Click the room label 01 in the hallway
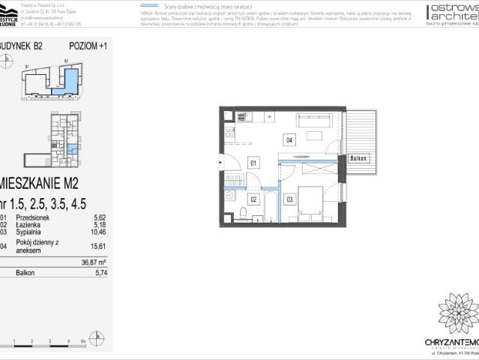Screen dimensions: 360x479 253,162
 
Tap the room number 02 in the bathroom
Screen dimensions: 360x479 253,199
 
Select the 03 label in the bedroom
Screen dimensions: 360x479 290,199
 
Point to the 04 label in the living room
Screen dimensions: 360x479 289,139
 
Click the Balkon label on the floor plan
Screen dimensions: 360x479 359,159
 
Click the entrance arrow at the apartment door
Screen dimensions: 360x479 220,162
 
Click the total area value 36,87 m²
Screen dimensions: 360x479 94,262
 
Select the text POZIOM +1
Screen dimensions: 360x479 88,46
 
